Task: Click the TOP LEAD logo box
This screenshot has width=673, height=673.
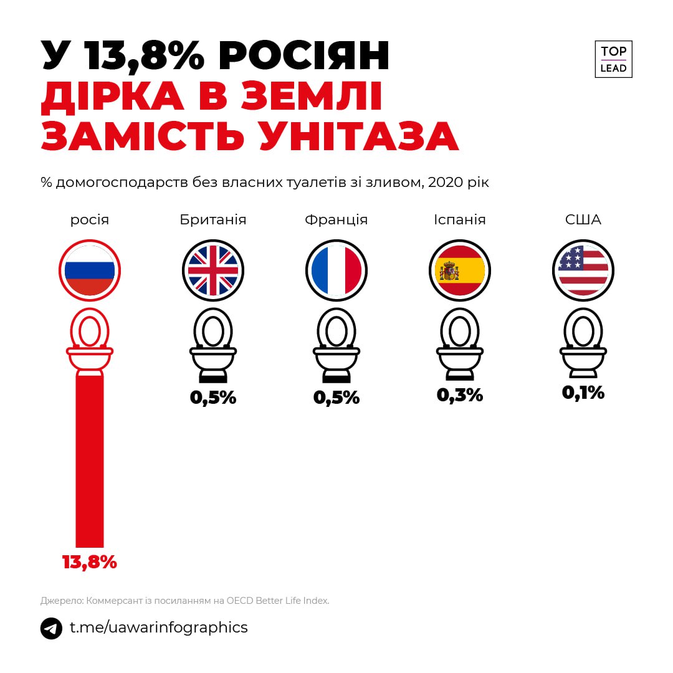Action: [613, 60]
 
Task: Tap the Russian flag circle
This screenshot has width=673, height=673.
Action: [90, 270]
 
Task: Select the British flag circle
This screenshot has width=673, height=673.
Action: [213, 270]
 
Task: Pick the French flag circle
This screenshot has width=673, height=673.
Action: [336, 270]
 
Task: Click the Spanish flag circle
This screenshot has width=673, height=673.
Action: [460, 270]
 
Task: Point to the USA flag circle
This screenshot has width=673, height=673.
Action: [583, 270]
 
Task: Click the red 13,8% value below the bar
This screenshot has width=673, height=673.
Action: [90, 562]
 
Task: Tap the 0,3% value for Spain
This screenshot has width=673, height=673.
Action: [460, 395]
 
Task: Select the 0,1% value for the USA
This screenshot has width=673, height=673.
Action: [583, 393]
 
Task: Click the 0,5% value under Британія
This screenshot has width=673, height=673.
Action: [213, 398]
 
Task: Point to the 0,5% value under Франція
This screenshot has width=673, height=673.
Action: [336, 398]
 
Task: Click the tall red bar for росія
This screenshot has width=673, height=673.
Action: [90, 461]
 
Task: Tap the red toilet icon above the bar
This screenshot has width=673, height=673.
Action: [90, 340]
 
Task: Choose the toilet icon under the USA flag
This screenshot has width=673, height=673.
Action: [583, 344]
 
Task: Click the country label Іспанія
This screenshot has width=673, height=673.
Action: [460, 220]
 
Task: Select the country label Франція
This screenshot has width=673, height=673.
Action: [336, 220]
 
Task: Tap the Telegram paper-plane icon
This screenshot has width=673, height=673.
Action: [52, 628]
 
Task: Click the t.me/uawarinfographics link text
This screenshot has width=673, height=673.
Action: [158, 628]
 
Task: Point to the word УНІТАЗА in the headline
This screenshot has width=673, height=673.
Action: [359, 137]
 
